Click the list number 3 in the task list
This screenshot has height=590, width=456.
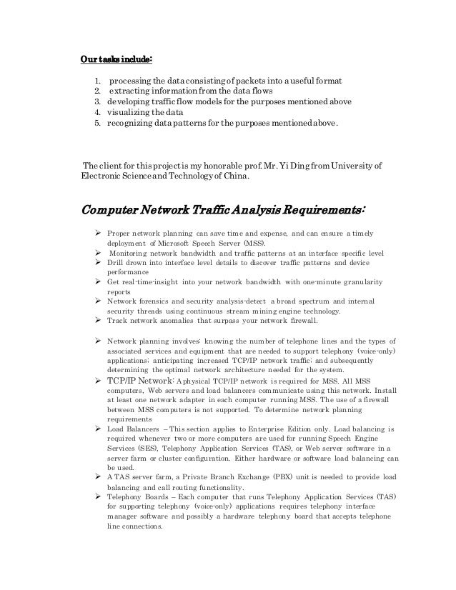(x=96, y=102)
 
